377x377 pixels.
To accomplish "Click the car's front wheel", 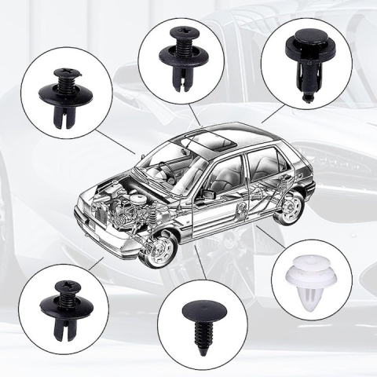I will coord(162,249).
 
